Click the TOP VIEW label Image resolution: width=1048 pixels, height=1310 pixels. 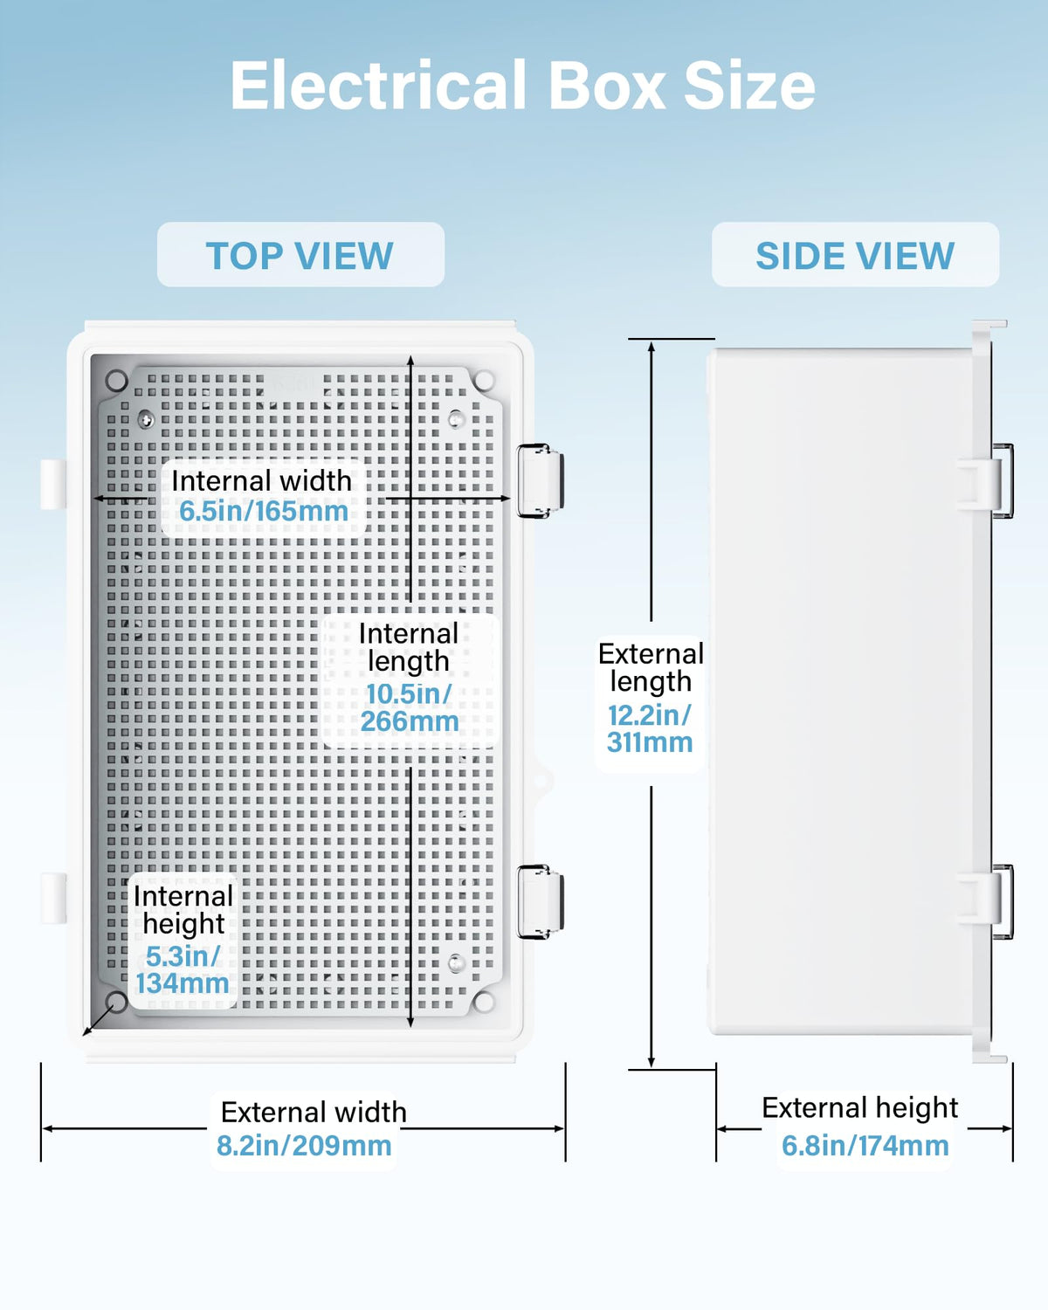pyautogui.click(x=300, y=255)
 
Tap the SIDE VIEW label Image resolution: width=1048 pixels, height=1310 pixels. pyautogui.click(x=855, y=255)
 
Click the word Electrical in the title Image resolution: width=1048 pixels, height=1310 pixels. pyautogui.click(x=378, y=86)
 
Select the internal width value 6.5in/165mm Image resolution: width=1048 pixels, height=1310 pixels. pyautogui.click(x=264, y=512)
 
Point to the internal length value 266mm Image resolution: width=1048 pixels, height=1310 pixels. pyautogui.click(x=410, y=721)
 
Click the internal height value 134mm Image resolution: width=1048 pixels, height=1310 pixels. pyautogui.click(x=182, y=983)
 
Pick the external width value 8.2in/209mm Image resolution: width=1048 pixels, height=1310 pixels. pyautogui.click(x=304, y=1146)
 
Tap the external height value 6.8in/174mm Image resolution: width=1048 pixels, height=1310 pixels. pyautogui.click(x=865, y=1146)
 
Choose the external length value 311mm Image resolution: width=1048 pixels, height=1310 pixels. pyautogui.click(x=650, y=742)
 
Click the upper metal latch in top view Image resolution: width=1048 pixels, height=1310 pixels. pyautogui.click(x=540, y=481)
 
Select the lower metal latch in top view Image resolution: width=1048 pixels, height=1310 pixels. pyautogui.click(x=540, y=902)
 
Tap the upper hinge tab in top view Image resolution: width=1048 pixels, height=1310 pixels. pyautogui.click(x=53, y=484)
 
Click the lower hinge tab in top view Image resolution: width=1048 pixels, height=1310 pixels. pyautogui.click(x=53, y=898)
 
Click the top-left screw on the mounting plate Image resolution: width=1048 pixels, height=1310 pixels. pyautogui.click(x=146, y=419)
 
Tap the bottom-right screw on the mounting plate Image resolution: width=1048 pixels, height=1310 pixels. pyautogui.click(x=456, y=963)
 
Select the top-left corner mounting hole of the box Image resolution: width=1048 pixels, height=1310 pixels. pyautogui.click(x=116, y=381)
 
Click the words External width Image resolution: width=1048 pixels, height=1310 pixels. pyautogui.click(x=314, y=1112)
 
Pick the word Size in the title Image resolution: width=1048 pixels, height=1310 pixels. pyautogui.click(x=749, y=86)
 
